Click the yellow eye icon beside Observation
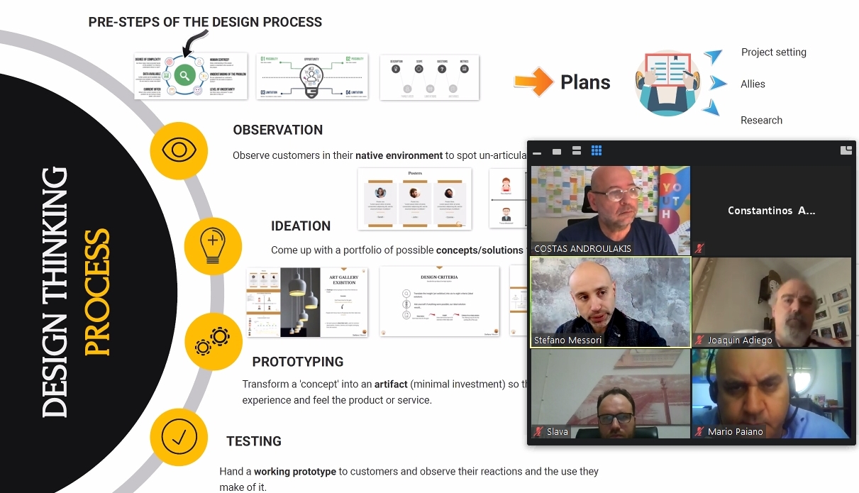click(x=179, y=150)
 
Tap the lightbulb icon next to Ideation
click(x=213, y=246)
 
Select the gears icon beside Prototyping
click(x=213, y=342)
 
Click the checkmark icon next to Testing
click(x=179, y=437)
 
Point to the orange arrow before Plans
click(x=533, y=82)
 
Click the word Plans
click(x=585, y=82)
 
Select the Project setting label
click(x=773, y=52)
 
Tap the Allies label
click(x=753, y=84)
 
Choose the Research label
click(x=761, y=121)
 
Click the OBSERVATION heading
click(x=277, y=130)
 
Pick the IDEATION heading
click(x=301, y=226)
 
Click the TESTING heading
click(x=254, y=441)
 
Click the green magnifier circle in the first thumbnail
click(x=184, y=75)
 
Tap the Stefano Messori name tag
click(x=567, y=340)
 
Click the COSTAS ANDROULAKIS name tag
click(x=582, y=249)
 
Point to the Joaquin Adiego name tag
click(x=739, y=340)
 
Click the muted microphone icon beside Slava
click(x=539, y=431)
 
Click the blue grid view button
click(x=597, y=150)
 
